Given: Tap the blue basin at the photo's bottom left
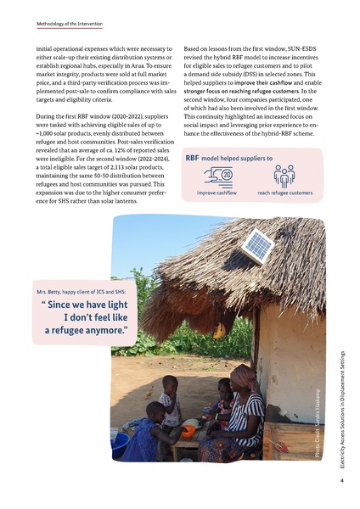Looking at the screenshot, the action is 120,442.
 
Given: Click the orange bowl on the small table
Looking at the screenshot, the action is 189,424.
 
